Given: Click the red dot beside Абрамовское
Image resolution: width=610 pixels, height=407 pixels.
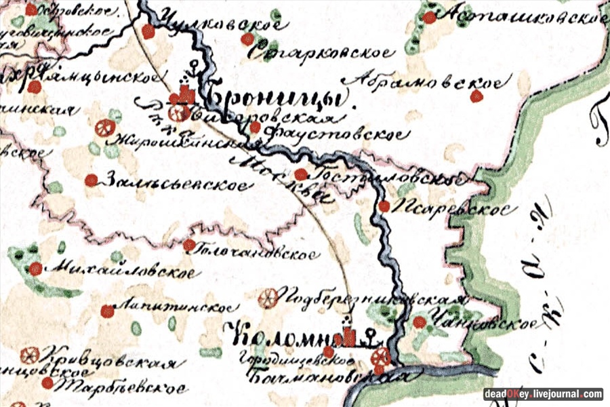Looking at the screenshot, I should coord(476,96).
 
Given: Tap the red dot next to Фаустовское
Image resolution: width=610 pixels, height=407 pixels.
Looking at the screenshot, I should coord(255,127).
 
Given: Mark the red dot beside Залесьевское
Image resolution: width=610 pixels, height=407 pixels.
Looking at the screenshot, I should coord(90,180).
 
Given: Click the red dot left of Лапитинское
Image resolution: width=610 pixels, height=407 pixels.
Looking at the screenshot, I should coord(107,311).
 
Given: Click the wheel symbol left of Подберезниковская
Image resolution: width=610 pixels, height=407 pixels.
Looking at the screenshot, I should coord(268,297).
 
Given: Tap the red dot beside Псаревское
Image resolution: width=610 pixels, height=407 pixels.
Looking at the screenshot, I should coord(384,206).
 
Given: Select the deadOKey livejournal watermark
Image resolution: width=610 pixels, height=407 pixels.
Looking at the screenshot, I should coord(543,394).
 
